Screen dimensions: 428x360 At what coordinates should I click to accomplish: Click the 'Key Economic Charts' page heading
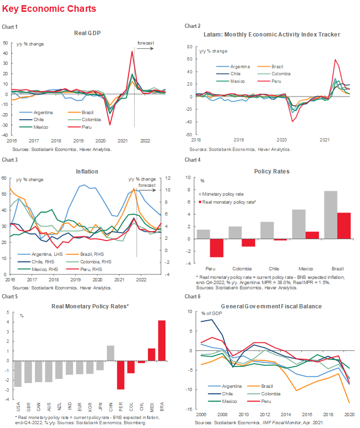coord(49,9)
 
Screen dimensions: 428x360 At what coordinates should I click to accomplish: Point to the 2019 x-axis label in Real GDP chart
coord(78,140)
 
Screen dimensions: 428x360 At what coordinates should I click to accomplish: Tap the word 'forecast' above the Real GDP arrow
coord(146,43)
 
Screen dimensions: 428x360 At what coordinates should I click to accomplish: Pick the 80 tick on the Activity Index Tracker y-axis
coord(189,47)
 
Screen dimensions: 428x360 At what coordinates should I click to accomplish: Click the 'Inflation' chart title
coord(87,172)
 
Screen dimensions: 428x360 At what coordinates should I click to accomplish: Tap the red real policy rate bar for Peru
coord(216,248)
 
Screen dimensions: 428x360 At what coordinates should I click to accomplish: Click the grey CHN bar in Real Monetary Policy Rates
coord(110,353)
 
